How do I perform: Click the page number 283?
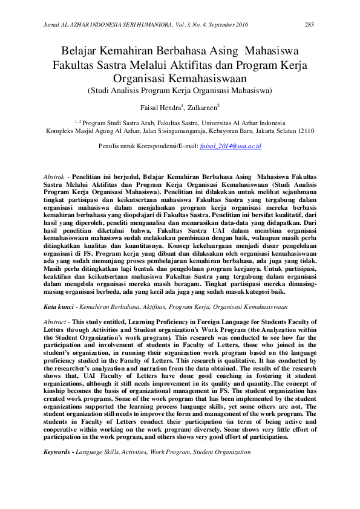[309, 25]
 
